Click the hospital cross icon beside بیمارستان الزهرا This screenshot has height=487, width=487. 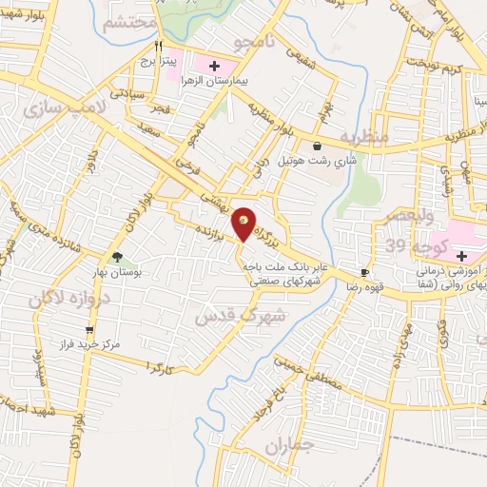coord(214,66)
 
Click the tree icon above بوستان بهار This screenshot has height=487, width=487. coord(117,256)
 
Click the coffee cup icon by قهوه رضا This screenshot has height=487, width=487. coord(364,272)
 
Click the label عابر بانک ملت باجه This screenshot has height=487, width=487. coord(285,268)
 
